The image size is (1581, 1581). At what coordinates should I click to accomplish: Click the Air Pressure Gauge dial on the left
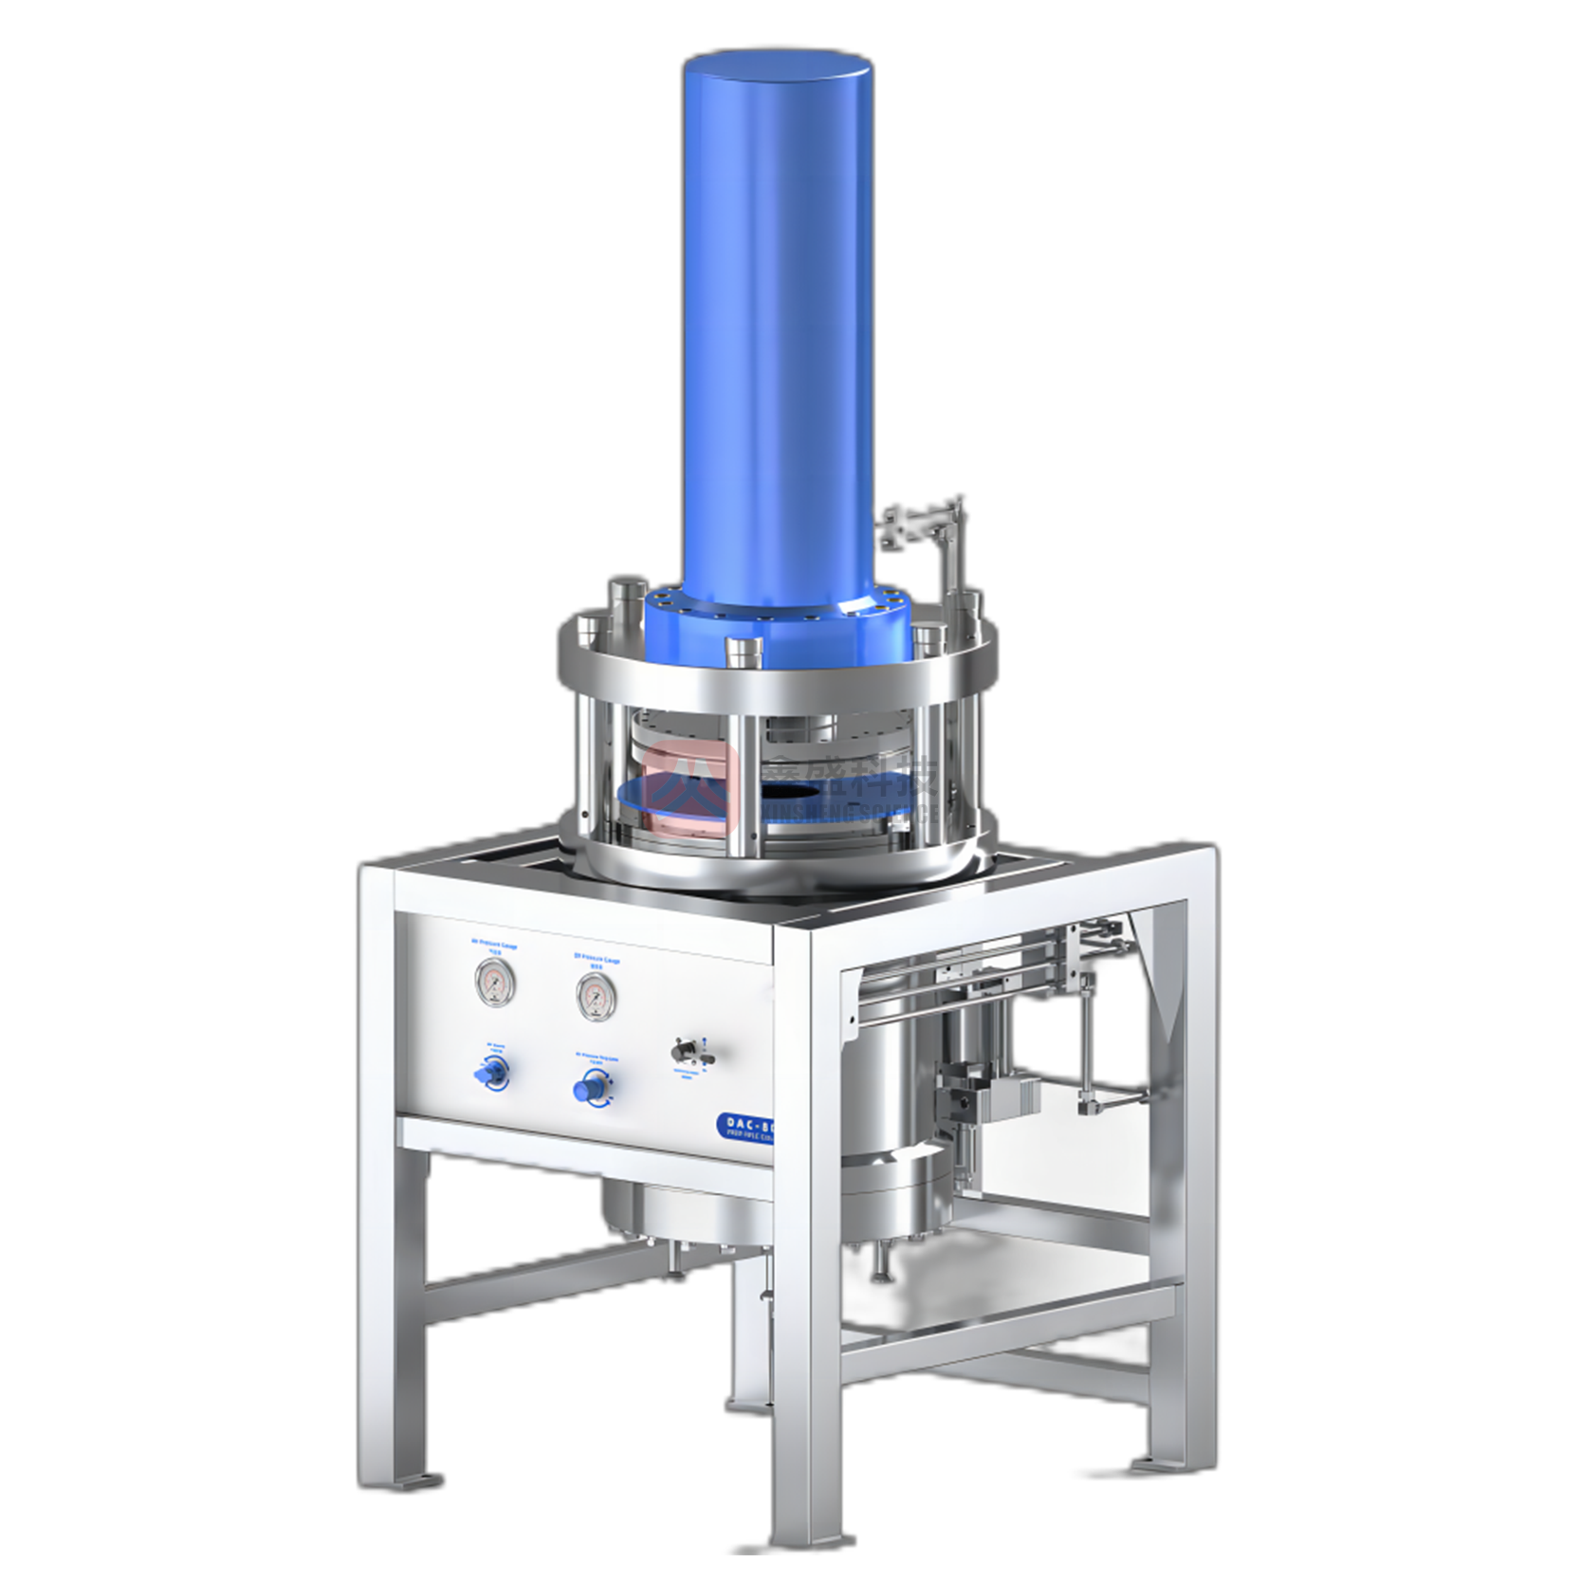coord(494,982)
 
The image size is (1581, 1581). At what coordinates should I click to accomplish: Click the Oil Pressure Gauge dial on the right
coord(596,996)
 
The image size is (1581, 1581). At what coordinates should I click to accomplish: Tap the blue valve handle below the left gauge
coord(491,1075)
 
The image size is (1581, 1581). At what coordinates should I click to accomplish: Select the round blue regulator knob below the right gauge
coord(592,1087)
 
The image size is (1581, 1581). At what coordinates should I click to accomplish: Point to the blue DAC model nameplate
coord(746,1127)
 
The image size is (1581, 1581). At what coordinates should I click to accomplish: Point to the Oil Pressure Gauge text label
coord(597,960)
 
